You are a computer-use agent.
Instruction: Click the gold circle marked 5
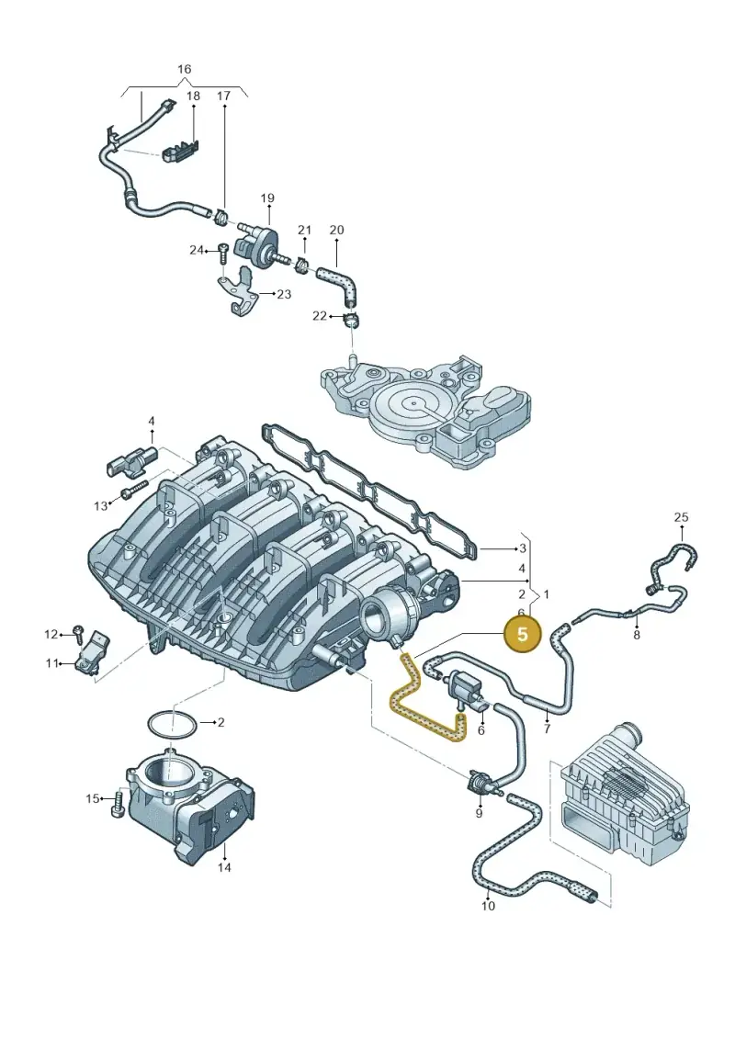(522, 634)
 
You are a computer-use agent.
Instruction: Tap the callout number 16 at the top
(185, 69)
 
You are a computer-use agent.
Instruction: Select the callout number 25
(682, 517)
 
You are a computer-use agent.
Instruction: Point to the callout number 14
(225, 866)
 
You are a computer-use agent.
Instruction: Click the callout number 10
(488, 906)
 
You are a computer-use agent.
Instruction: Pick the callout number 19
(267, 198)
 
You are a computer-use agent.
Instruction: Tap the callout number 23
(284, 294)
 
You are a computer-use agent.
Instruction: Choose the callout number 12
(51, 635)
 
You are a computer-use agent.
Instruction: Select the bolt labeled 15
(120, 803)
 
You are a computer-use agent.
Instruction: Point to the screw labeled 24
(222, 252)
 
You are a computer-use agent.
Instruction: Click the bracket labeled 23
(239, 290)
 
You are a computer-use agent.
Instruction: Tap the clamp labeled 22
(351, 319)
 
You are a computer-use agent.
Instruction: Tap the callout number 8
(637, 635)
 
